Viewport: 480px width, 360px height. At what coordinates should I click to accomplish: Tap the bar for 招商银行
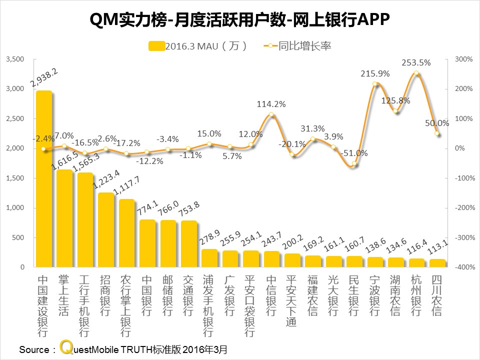coord(106,230)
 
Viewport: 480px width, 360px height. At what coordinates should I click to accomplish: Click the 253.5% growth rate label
coord(416,63)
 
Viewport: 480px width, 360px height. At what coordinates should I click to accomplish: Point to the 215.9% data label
coord(375,73)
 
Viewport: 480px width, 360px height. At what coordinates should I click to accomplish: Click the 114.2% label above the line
coord(271,104)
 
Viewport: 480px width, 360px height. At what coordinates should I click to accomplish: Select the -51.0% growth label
coord(354,153)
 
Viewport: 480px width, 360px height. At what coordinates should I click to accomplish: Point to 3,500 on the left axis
coord(14,59)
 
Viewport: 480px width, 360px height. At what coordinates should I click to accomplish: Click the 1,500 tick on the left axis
coord(14,178)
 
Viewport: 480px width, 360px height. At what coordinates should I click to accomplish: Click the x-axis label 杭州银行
coord(416,295)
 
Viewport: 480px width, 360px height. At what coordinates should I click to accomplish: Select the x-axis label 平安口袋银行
coord(250,305)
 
